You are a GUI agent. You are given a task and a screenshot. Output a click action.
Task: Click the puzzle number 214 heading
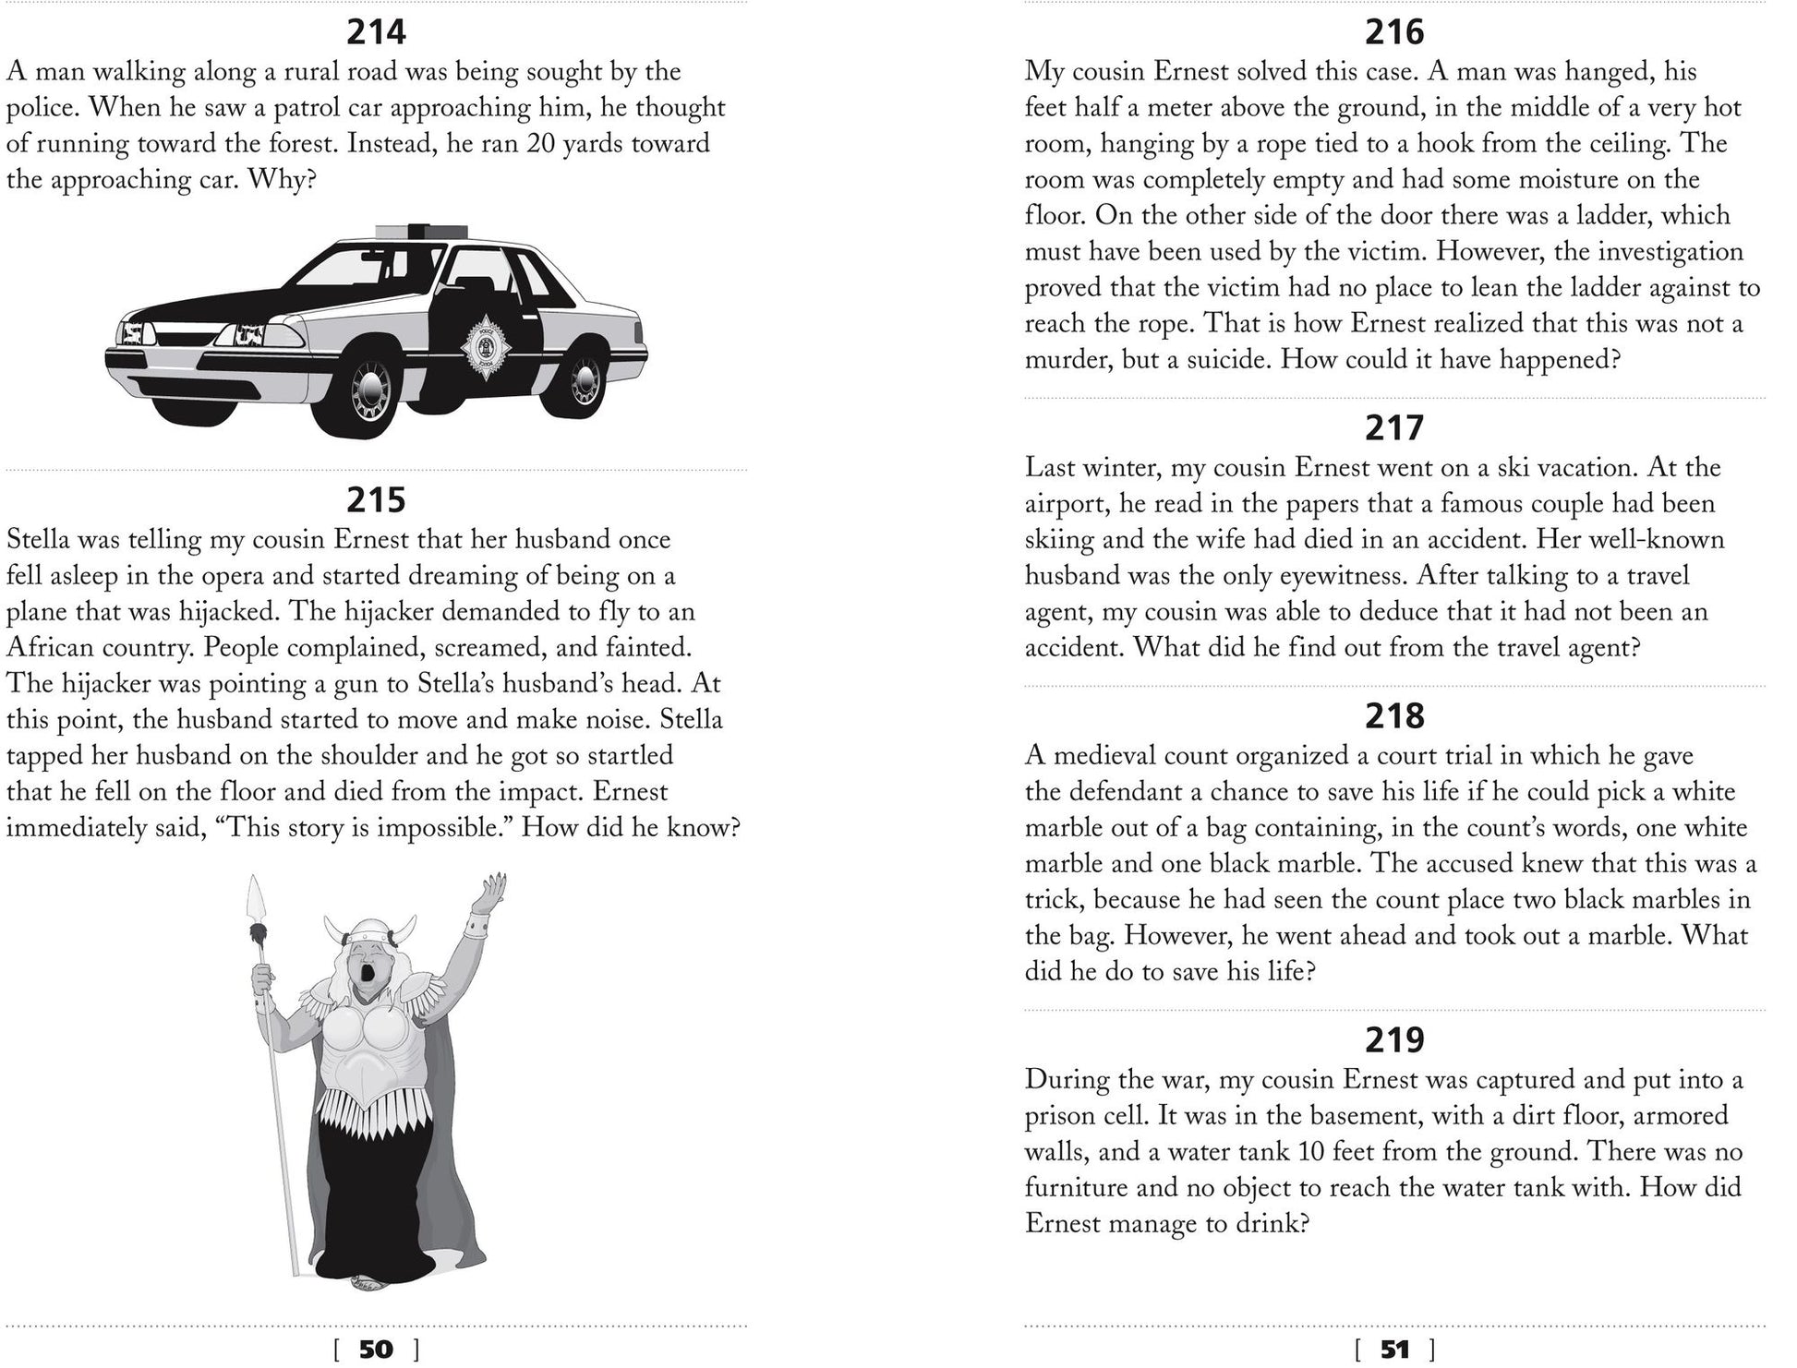pyautogui.click(x=376, y=33)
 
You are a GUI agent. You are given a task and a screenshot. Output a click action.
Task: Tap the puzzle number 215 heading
pyautogui.click(x=376, y=500)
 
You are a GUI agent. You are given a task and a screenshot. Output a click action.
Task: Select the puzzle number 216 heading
pyautogui.click(x=1394, y=33)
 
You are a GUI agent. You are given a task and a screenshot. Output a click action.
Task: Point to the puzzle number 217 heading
pyautogui.click(x=1394, y=428)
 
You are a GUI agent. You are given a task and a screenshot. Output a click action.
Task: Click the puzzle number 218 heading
pyautogui.click(x=1394, y=716)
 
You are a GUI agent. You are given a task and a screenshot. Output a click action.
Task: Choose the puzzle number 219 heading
pyautogui.click(x=1394, y=1040)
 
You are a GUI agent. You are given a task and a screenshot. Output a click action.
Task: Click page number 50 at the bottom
pyautogui.click(x=376, y=1350)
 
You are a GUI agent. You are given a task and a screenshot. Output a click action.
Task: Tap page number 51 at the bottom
pyautogui.click(x=1394, y=1350)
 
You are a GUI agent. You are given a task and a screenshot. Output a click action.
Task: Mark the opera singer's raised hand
pyautogui.click(x=491, y=892)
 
